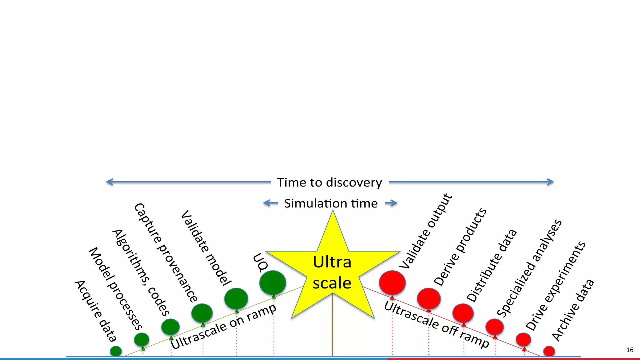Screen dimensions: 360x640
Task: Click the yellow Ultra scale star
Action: pyautogui.click(x=332, y=272)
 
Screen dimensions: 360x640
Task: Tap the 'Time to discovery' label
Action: pyautogui.click(x=330, y=182)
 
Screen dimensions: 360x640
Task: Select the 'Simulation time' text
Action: pyautogui.click(x=331, y=203)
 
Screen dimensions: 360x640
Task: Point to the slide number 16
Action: pyautogui.click(x=630, y=350)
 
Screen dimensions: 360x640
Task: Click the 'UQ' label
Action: pyautogui.click(x=260, y=262)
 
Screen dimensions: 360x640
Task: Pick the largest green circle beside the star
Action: pyautogui.click(x=272, y=282)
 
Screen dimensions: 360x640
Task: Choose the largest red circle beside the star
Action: pyautogui.click(x=392, y=282)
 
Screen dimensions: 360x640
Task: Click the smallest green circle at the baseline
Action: pyautogui.click(x=116, y=351)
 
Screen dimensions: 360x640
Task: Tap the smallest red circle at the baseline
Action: pyautogui.click(x=549, y=351)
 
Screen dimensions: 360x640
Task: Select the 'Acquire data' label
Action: pyautogui.click(x=96, y=311)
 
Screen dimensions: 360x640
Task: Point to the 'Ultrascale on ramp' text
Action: pyautogui.click(x=223, y=326)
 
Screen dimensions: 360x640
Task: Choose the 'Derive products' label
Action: pyautogui.click(x=460, y=247)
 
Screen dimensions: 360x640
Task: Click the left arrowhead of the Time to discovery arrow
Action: pyautogui.click(x=108, y=182)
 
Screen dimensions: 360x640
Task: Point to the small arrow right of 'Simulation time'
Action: pyautogui.click(x=391, y=203)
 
